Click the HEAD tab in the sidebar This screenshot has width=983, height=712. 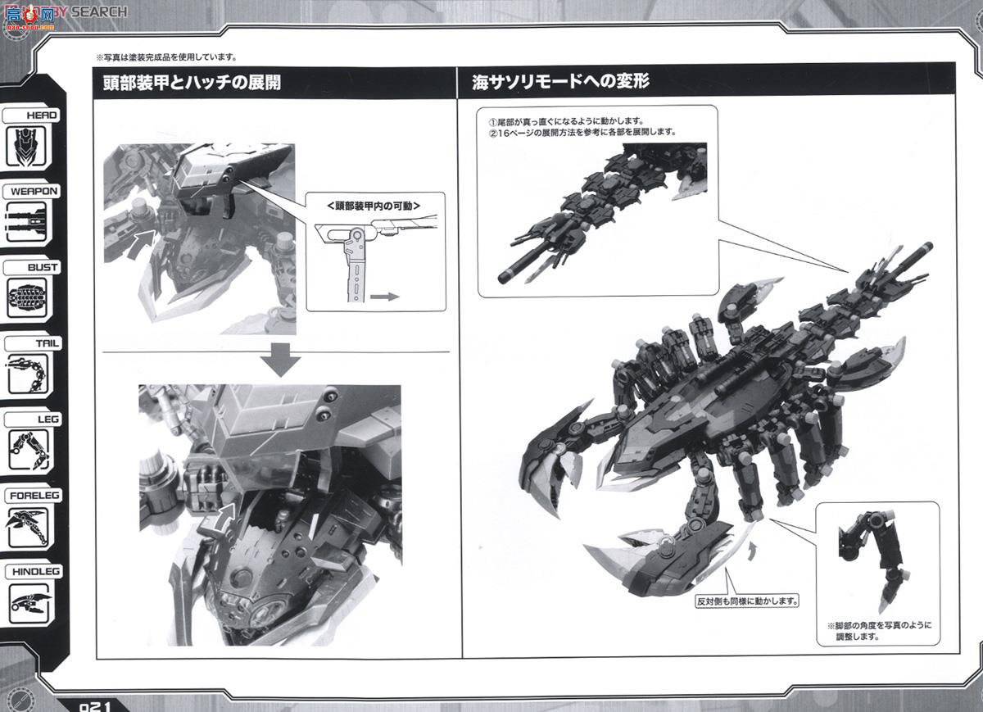click(34, 116)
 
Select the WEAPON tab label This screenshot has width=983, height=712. click(34, 191)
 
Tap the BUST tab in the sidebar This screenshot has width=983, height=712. click(34, 267)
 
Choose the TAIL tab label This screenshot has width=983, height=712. click(34, 343)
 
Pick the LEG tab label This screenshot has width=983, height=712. click(34, 419)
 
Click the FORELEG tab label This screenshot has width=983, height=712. click(34, 496)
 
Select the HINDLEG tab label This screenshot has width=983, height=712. click(34, 572)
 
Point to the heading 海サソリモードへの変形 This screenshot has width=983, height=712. click(561, 82)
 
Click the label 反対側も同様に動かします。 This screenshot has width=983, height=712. click(746, 601)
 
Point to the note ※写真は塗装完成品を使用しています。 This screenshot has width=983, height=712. click(166, 57)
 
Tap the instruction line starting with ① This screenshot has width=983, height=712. click(566, 120)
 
